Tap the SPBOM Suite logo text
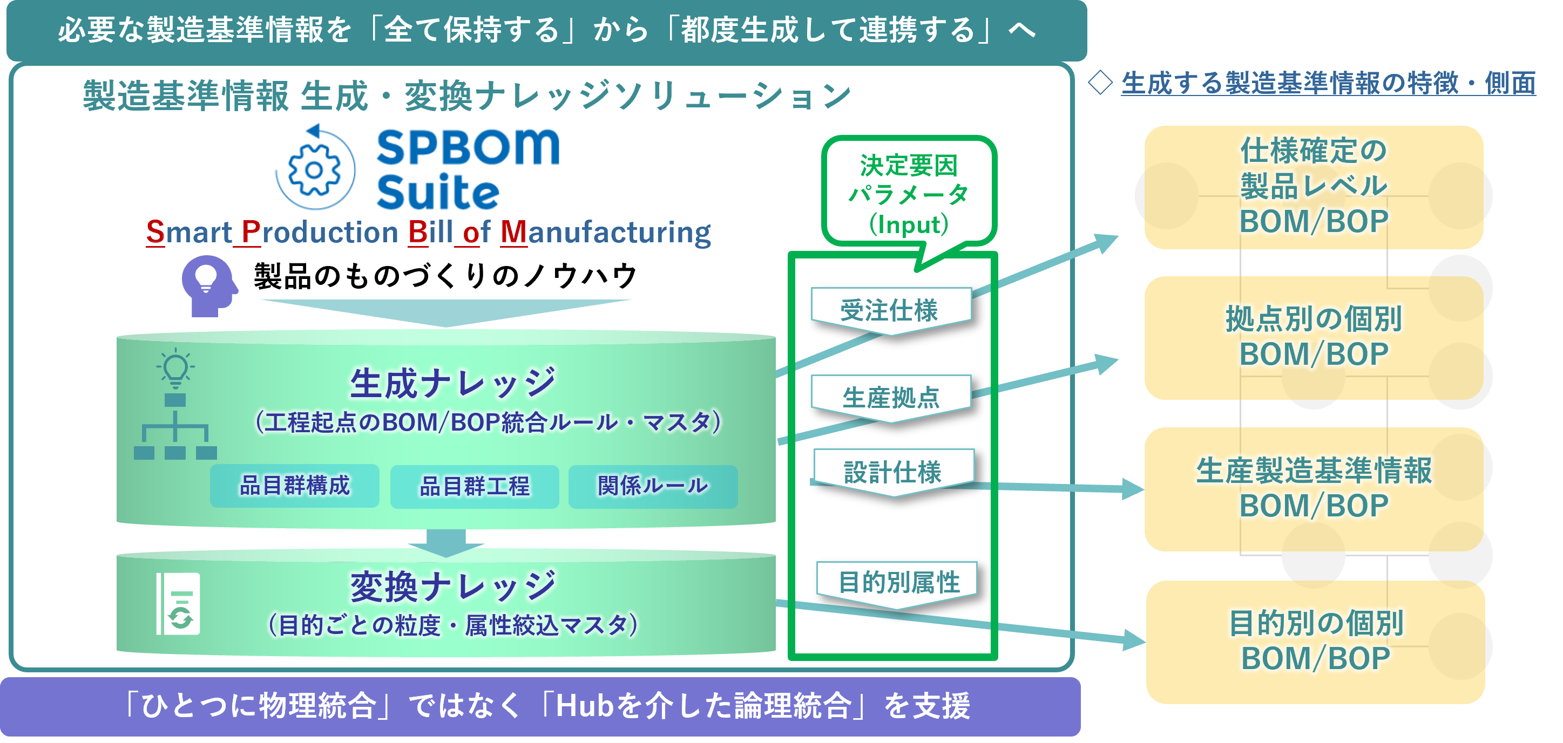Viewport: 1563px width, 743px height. coord(468,169)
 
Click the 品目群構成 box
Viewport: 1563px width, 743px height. coord(295,486)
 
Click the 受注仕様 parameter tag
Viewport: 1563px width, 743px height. coord(891,311)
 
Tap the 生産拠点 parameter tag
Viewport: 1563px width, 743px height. coord(891,398)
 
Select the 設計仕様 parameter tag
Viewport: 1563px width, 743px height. coord(893,473)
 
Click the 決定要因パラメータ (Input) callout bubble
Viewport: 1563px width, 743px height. coord(908,194)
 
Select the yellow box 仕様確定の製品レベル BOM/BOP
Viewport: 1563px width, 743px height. coord(1314,187)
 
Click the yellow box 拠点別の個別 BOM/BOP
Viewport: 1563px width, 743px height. coord(1314,337)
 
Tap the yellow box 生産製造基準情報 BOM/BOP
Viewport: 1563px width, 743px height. coord(1314,489)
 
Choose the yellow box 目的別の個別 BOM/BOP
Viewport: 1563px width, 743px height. coord(1315,642)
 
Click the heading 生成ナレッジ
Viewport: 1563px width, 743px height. coord(452,383)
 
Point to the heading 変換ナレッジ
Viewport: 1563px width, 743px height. coord(452,587)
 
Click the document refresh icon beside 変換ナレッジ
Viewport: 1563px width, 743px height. coord(178,603)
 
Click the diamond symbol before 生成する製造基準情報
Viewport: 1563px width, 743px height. coord(1100,83)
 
